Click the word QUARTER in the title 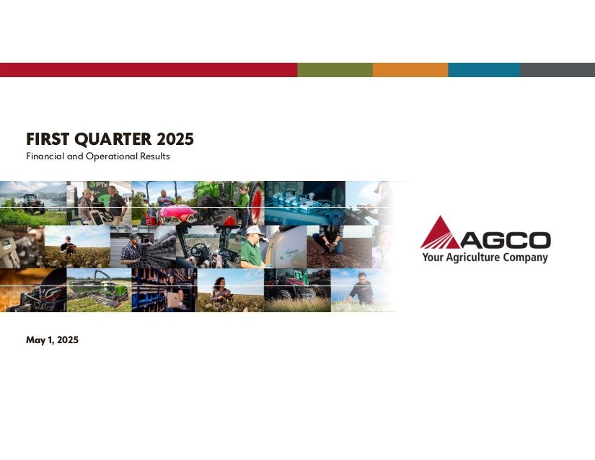coord(113,140)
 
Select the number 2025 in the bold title coord(175,139)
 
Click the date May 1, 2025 coord(53,340)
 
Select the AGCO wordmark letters coord(506,240)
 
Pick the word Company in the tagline coord(526,258)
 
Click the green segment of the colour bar coord(335,70)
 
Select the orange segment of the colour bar coord(410,70)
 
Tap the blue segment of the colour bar coord(484,70)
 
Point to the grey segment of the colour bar coord(557,70)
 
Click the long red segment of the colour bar coord(149,70)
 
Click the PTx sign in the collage coord(98,185)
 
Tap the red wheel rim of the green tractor coord(257,203)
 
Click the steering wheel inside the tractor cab coord(199,251)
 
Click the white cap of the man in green coord(254,230)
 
